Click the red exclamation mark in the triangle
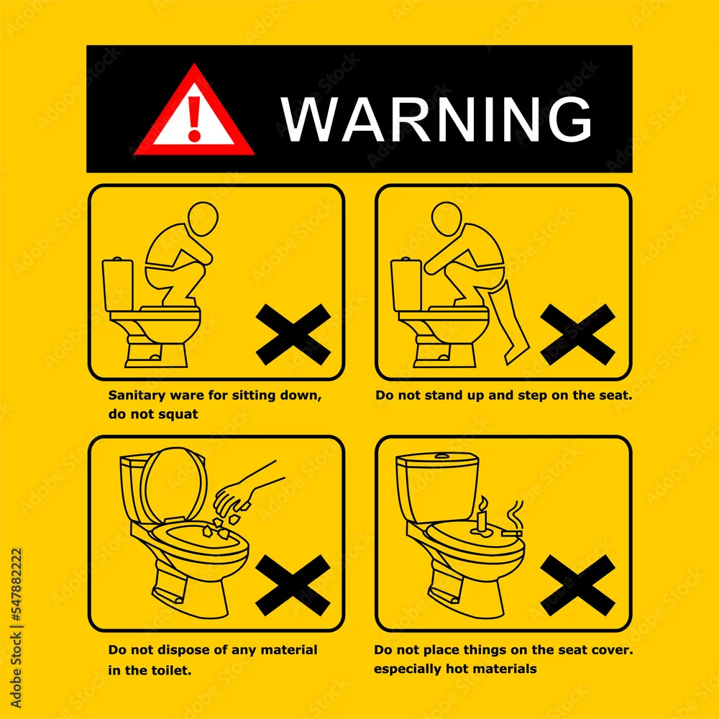[194, 119]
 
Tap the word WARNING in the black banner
[436, 119]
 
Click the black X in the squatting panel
[293, 334]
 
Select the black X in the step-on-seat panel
[578, 334]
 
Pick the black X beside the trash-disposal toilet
[293, 585]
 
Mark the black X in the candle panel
[578, 585]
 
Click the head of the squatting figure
[203, 219]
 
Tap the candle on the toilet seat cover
[481, 517]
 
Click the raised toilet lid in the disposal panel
[174, 486]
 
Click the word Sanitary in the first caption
[137, 395]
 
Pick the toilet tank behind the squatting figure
[118, 284]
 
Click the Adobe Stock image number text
[16, 587]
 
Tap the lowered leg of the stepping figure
[509, 324]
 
